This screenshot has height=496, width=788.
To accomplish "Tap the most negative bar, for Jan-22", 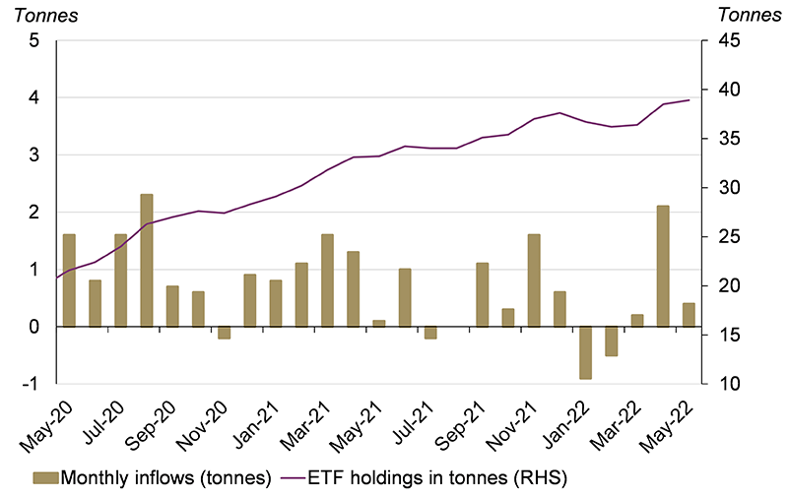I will click(x=586, y=352).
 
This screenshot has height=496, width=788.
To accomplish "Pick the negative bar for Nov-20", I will click(x=224, y=333).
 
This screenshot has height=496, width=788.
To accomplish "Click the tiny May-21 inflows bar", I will click(x=379, y=323).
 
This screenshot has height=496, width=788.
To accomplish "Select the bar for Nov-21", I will click(x=534, y=280).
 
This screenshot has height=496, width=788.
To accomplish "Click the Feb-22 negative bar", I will click(x=612, y=341).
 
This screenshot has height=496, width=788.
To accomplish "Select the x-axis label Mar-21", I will click(x=305, y=418).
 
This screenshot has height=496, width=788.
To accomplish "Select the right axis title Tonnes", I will click(x=750, y=14).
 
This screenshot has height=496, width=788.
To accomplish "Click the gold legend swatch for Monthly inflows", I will click(x=45, y=477).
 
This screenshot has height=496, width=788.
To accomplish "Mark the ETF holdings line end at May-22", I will click(x=689, y=100).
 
